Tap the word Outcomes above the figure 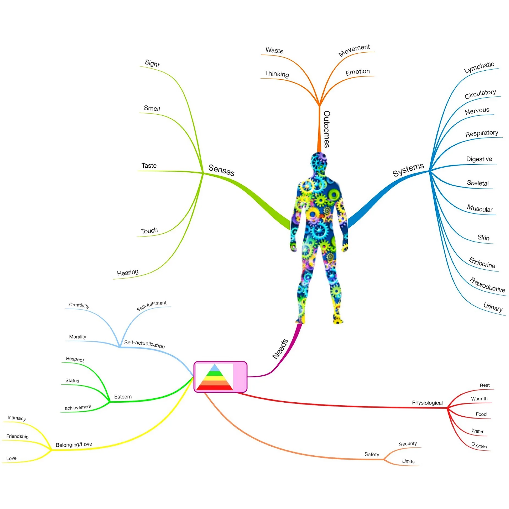point(327,129)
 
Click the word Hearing point(128,272)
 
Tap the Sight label point(152,63)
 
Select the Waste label point(274,50)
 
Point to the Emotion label point(357,72)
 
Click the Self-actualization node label point(144,344)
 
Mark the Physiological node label point(427,403)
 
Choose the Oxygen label point(479,445)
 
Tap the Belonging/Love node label point(74,444)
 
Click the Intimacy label point(17,418)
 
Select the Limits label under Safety point(408,461)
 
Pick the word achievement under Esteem point(78,407)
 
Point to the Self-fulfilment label point(151,306)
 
